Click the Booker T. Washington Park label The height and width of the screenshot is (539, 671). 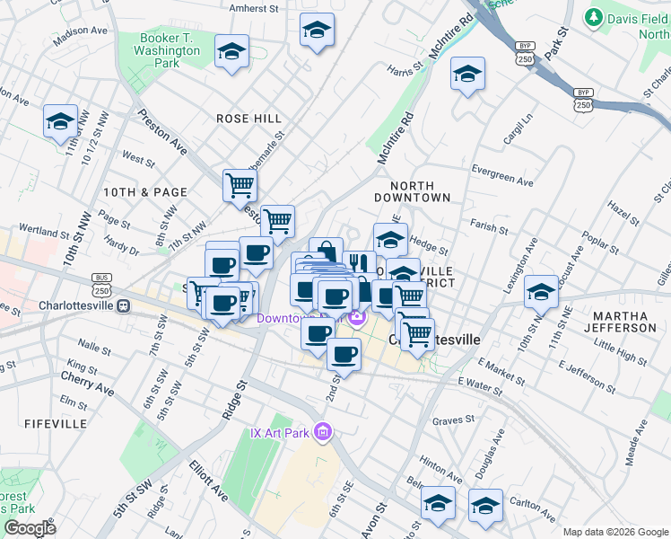pos(171,51)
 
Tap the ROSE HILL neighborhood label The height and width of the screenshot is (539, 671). pos(248,119)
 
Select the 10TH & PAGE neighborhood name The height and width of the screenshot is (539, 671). pos(144,192)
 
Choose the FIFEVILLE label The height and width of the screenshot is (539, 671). pos(56,423)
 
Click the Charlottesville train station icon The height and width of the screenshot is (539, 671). pos(123,305)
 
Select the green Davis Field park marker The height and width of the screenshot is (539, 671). pos(593,17)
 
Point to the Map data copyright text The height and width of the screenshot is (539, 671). pos(615,532)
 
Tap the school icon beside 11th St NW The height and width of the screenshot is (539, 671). pos(60,121)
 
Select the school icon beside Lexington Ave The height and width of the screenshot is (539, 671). pos(541,291)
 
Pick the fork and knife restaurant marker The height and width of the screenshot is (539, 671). pos(357,263)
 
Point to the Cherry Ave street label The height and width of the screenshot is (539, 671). pos(88,390)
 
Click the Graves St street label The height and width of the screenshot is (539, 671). pos(453,420)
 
